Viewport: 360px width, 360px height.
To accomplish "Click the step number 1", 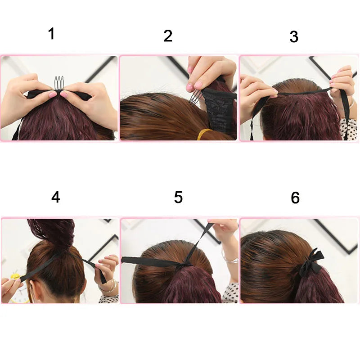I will (x=51, y=34).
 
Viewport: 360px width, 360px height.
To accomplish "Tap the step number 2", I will (x=168, y=36).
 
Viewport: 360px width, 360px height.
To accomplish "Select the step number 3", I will (x=294, y=37).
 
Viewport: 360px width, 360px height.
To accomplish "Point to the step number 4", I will (x=55, y=197).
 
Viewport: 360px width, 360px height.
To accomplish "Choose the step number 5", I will (x=178, y=198).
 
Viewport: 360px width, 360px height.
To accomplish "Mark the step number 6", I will (x=295, y=198).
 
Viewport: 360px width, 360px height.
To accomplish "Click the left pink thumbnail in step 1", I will (x=53, y=94).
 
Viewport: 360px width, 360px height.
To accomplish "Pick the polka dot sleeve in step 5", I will (x=232, y=290).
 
